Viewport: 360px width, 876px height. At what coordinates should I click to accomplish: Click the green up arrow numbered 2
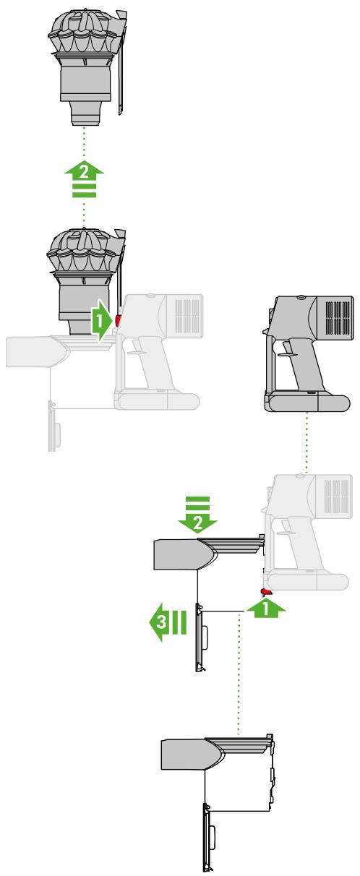[x=84, y=178]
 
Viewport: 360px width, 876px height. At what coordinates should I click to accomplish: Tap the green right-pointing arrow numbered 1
[x=102, y=321]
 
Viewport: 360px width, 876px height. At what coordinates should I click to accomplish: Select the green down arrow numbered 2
[x=197, y=515]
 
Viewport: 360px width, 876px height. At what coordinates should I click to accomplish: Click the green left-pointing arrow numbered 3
[x=167, y=622]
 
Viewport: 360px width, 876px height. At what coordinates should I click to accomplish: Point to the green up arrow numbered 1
[x=266, y=609]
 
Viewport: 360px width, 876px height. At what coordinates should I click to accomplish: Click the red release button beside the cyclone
[x=118, y=320]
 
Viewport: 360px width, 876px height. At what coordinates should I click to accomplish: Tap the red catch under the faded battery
[x=267, y=592]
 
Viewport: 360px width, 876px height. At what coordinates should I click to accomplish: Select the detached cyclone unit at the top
[x=87, y=66]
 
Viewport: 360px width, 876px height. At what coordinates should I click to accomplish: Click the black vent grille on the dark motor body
[x=337, y=315]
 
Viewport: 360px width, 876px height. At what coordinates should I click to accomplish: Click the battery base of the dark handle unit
[x=307, y=403]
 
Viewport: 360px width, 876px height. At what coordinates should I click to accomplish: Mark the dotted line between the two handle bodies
[x=307, y=443]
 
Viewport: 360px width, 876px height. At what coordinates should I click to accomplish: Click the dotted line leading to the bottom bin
[x=239, y=674]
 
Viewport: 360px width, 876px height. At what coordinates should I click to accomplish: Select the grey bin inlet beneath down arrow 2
[x=184, y=554]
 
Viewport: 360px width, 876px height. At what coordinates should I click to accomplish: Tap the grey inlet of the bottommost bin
[x=192, y=755]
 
